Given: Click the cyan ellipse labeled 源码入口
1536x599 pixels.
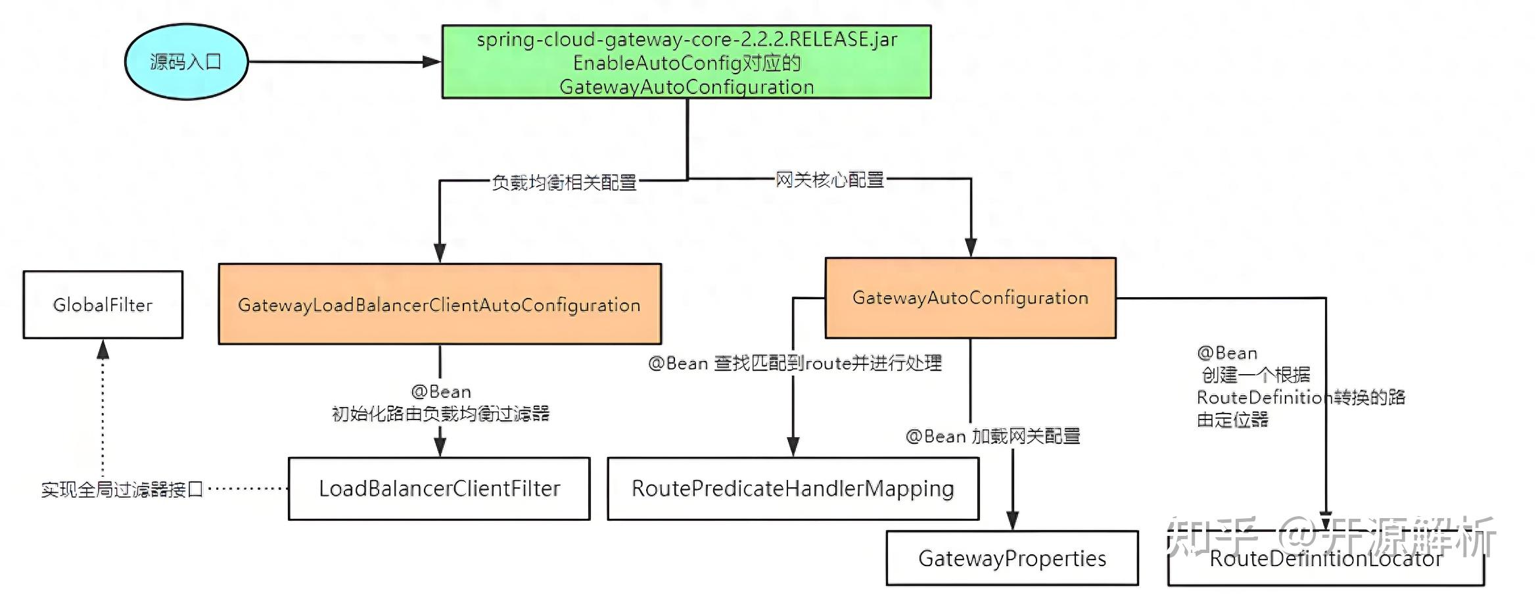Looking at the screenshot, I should pyautogui.click(x=186, y=62).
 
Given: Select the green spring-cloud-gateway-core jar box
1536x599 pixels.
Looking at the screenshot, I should pyautogui.click(x=686, y=62).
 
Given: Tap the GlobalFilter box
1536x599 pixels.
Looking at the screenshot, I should pyautogui.click(x=103, y=305).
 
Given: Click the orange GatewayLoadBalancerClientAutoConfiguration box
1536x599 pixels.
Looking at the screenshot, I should pyautogui.click(x=440, y=304).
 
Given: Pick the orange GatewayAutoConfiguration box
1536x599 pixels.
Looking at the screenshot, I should pyautogui.click(x=970, y=298).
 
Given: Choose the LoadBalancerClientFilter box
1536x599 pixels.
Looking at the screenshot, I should pyautogui.click(x=439, y=489).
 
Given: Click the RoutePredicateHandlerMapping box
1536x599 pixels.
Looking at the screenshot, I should pyautogui.click(x=793, y=489).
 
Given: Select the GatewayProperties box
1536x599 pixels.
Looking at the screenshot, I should pyautogui.click(x=1012, y=558).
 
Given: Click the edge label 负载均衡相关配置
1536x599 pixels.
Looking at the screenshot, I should pyautogui.click(x=565, y=182).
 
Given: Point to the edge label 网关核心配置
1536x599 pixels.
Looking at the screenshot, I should pyautogui.click(x=829, y=180).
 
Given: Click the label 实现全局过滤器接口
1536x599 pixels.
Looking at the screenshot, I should pyautogui.click(x=122, y=490).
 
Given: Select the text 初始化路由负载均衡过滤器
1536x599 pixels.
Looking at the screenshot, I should pyautogui.click(x=440, y=414).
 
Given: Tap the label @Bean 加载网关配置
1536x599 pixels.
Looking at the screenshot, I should pyautogui.click(x=992, y=436).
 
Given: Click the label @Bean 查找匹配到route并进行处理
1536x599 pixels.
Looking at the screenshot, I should pyautogui.click(x=795, y=363).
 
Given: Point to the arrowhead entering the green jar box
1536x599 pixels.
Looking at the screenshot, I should pyautogui.click(x=432, y=62).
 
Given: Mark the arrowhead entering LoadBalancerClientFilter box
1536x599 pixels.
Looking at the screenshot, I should pyautogui.click(x=440, y=447).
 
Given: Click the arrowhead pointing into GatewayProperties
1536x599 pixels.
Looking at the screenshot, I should pyautogui.click(x=1013, y=520).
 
